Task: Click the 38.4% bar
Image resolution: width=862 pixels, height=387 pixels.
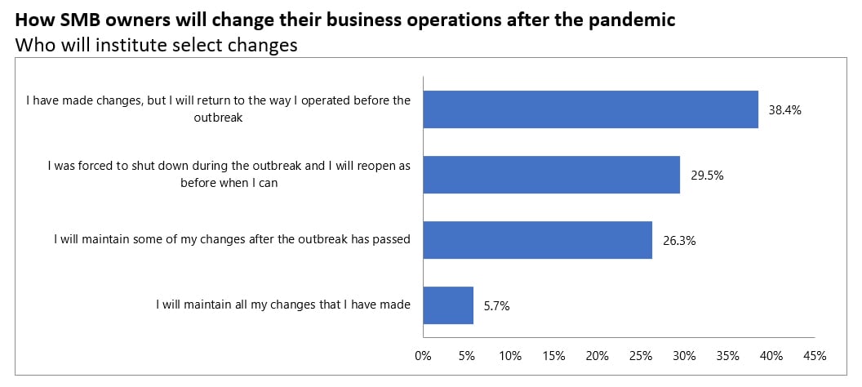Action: [590, 109]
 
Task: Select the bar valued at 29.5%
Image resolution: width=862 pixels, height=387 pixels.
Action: [551, 174]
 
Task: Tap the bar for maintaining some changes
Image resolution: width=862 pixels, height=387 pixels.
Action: [537, 240]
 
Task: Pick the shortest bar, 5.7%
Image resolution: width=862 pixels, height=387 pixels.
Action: [448, 305]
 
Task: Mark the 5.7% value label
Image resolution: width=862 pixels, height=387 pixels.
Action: [497, 306]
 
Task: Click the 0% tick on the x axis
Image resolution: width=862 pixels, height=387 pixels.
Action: [423, 356]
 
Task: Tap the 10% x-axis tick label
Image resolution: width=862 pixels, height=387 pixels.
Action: [510, 356]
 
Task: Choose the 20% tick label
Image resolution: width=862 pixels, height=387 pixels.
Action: [597, 356]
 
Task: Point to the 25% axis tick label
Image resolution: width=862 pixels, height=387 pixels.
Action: [641, 356]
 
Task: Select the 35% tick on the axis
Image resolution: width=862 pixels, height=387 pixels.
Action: [728, 356]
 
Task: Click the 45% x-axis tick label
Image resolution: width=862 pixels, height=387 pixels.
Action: [815, 356]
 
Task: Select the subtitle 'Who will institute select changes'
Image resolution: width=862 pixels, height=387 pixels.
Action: [156, 46]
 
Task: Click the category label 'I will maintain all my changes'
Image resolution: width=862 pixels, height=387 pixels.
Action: [283, 305]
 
